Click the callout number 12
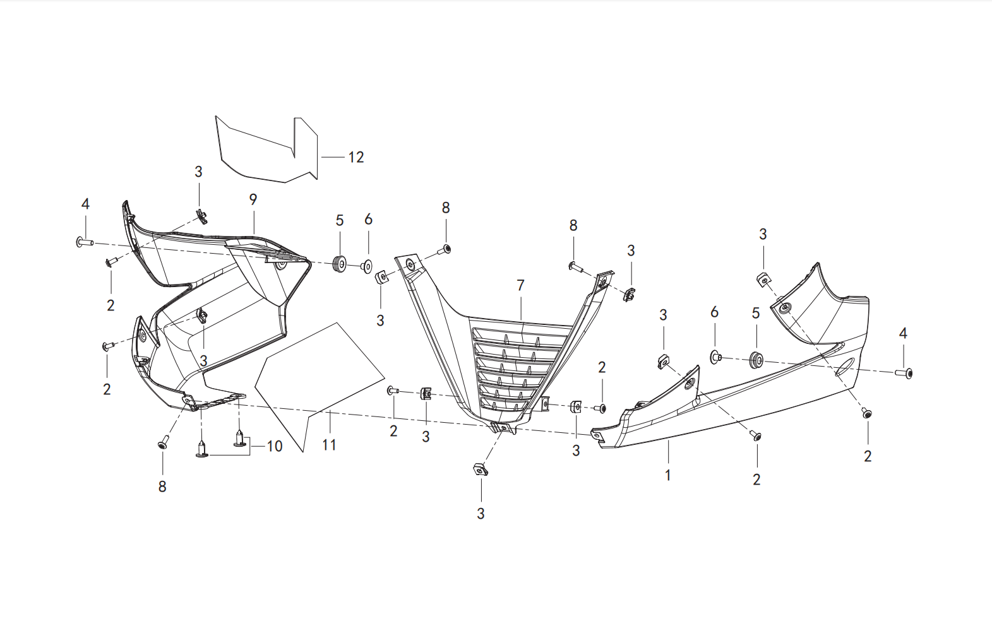(x=356, y=158)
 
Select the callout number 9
(x=253, y=199)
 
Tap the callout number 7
(x=520, y=285)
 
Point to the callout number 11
(x=329, y=445)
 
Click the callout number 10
(x=275, y=446)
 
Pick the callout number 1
(x=668, y=476)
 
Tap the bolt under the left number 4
(x=84, y=242)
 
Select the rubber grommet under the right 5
(x=755, y=359)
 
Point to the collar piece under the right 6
(x=715, y=357)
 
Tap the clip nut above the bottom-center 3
(x=481, y=469)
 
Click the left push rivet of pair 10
(x=201, y=449)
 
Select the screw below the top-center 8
(x=444, y=250)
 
